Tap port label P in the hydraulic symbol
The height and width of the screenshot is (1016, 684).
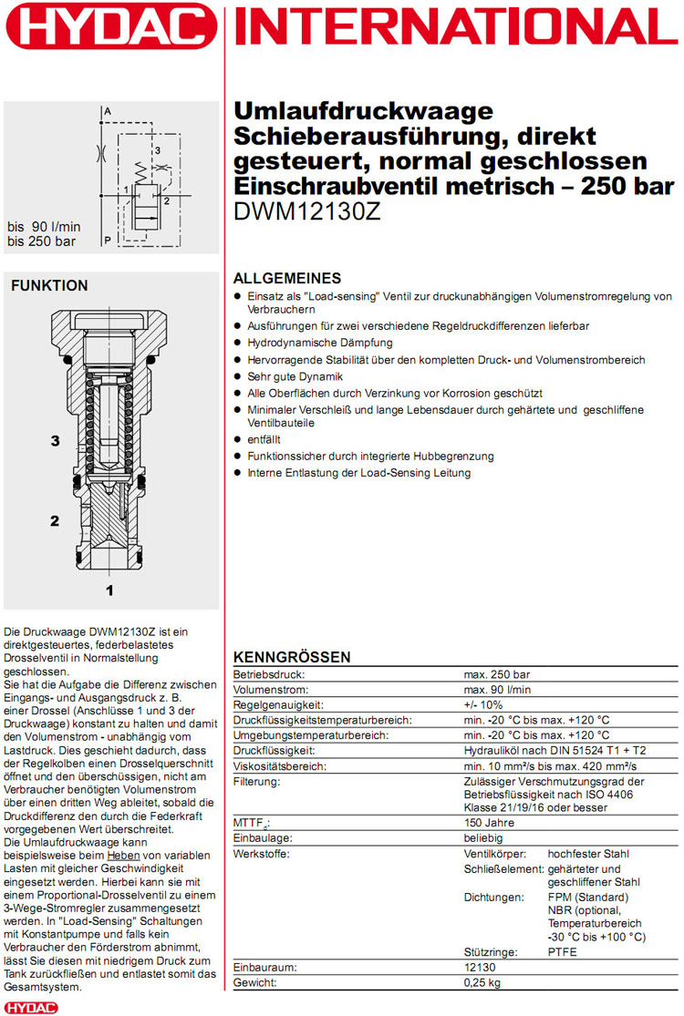pos(108,240)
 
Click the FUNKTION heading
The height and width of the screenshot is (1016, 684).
pos(49,286)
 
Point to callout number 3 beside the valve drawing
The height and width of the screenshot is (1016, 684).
pos(55,441)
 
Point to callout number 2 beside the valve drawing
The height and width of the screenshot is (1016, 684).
pos(55,521)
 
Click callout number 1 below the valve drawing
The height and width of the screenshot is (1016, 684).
pos(109,590)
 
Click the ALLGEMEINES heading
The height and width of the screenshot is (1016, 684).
pos(287,278)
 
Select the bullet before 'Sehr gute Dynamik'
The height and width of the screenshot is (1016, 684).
pos(239,376)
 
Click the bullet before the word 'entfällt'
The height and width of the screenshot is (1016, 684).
pos(239,439)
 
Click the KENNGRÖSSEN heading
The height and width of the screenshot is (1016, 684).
pos(292,657)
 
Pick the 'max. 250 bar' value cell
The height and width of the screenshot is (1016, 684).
pos(496,674)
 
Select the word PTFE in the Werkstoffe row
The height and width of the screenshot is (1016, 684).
pos(563,952)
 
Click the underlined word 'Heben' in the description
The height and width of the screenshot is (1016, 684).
pos(123,856)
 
